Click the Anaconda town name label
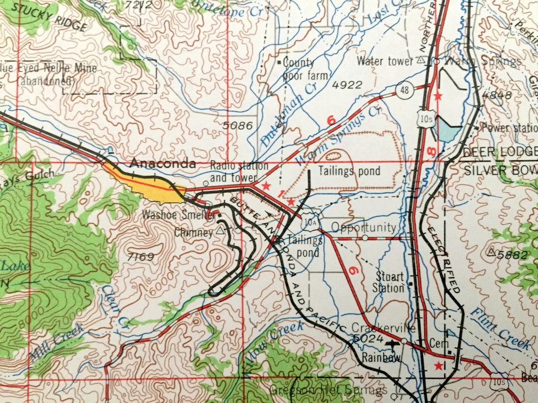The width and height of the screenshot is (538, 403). pyautogui.click(x=163, y=164)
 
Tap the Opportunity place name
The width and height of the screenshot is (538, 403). pyautogui.click(x=363, y=228)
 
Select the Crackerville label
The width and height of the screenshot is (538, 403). pyautogui.click(x=383, y=328)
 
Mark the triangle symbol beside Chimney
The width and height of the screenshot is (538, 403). pyautogui.click(x=220, y=231)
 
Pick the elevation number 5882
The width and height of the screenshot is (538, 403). pyautogui.click(x=509, y=254)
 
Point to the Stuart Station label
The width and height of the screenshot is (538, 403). pyautogui.click(x=388, y=282)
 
